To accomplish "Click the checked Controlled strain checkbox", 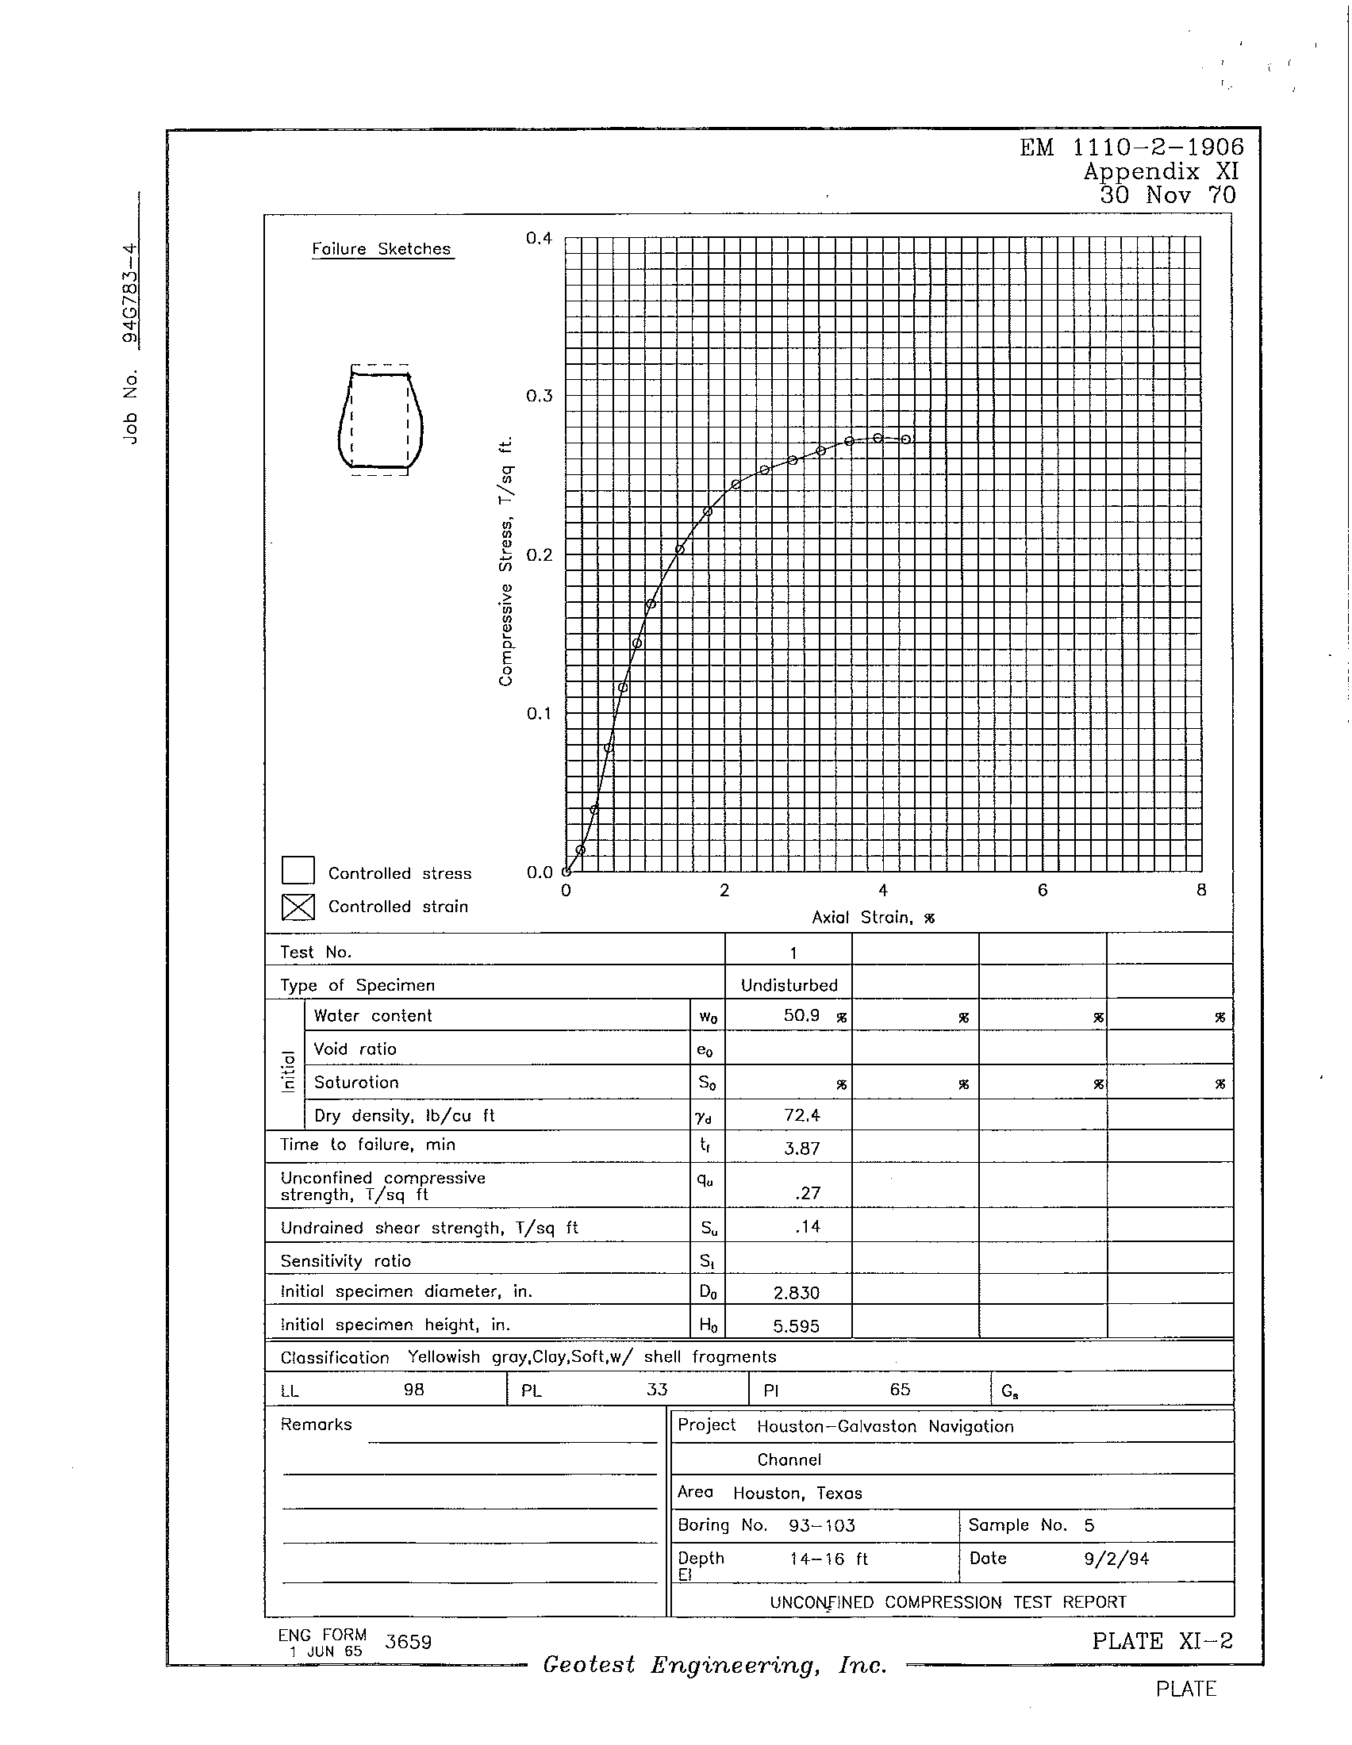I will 298,907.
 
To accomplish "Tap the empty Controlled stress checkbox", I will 298,871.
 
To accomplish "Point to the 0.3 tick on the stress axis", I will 540,397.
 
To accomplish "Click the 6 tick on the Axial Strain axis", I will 1042,890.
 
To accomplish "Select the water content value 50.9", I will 801,1015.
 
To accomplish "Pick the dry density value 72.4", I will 802,1114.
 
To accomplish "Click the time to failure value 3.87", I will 802,1149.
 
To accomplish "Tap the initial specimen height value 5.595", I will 796,1326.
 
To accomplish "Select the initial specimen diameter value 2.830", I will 797,1293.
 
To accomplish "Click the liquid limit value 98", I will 413,1390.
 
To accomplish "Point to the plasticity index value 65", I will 900,1390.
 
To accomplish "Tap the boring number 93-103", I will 821,1525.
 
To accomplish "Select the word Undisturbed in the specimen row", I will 789,985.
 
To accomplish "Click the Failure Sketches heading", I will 381,249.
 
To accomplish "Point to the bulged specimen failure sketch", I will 380,420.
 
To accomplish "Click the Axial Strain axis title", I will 873,917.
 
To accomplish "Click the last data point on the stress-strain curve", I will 905,439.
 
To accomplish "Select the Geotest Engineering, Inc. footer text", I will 714,1665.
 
